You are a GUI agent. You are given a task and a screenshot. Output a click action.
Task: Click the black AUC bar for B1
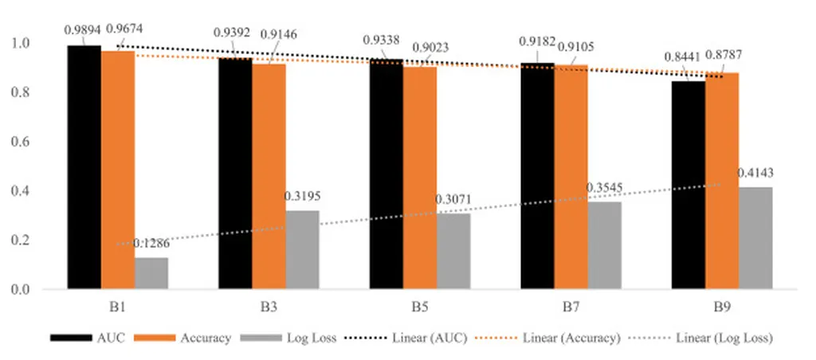click(x=84, y=167)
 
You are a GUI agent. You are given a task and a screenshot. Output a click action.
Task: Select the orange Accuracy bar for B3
click(x=269, y=176)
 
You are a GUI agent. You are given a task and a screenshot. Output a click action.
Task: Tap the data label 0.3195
click(x=302, y=195)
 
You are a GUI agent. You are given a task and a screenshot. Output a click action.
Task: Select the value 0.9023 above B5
click(x=430, y=47)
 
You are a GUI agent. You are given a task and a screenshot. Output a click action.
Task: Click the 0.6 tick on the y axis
click(x=25, y=142)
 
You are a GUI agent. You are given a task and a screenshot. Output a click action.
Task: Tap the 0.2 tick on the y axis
click(x=25, y=241)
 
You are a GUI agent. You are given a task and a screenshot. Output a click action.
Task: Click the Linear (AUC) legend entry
click(x=410, y=338)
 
